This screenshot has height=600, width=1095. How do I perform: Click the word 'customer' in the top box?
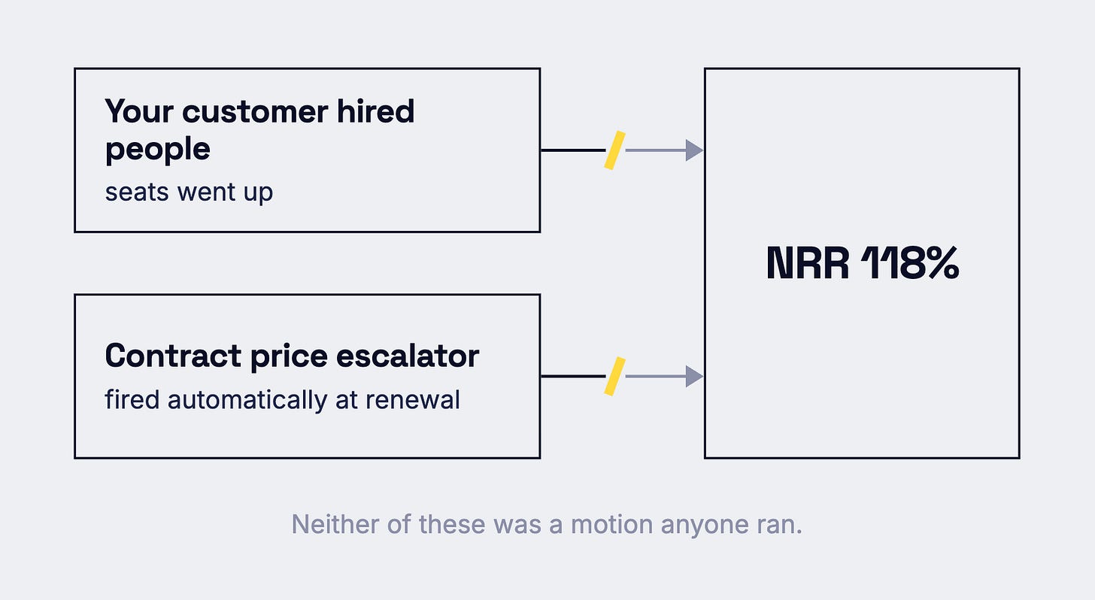255,112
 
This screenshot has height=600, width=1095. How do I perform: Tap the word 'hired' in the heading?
375,111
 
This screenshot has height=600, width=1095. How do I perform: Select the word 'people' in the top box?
157,150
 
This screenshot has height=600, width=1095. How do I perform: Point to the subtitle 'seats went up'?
189,192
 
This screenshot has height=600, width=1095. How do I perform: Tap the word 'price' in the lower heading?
289,356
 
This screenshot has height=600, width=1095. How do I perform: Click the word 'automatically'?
247,400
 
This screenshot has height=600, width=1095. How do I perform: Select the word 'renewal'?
413,399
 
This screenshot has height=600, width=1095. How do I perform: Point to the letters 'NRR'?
808,263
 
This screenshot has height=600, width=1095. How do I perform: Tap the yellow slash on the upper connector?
614,150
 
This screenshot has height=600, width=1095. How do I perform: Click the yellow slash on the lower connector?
614,376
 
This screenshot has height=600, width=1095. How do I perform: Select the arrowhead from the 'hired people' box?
694,150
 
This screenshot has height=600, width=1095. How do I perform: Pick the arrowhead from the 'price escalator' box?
694,376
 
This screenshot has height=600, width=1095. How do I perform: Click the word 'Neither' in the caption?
335,524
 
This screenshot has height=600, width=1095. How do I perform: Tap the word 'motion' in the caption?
612,524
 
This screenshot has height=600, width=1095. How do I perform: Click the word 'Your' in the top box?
139,111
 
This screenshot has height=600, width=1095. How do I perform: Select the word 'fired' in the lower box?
132,399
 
